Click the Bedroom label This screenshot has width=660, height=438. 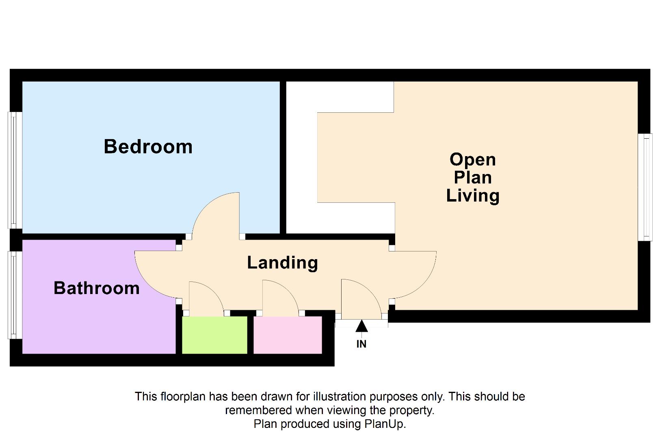coord(148,146)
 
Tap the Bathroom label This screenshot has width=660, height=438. coord(97,288)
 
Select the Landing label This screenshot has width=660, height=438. coord(282,262)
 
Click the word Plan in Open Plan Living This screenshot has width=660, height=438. coord(472,177)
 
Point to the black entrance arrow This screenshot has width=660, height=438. coord(361,326)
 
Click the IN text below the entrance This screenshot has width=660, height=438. coord(361,344)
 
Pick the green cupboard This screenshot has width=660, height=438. coord(214,335)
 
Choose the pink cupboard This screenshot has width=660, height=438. coord(288,335)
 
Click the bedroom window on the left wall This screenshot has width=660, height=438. coord(15,170)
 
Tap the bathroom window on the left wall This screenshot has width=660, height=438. coord(15,294)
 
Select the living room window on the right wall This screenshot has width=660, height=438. coord(645,187)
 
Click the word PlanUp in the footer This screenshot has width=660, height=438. coord(384,424)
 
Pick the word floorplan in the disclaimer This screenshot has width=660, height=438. coord(183,396)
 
